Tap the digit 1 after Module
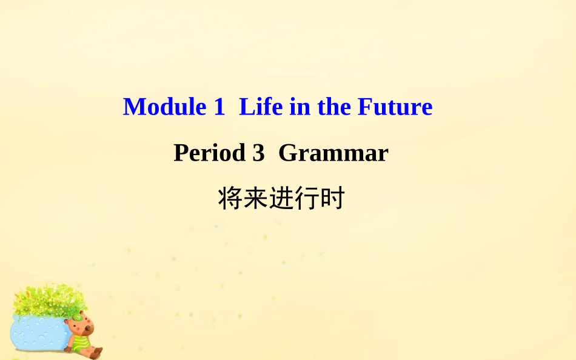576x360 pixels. click(x=219, y=107)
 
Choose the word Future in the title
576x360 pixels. click(x=395, y=107)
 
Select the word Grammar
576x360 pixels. click(x=333, y=153)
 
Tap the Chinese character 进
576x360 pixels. click(x=281, y=199)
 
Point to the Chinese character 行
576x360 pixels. click(x=306, y=199)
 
